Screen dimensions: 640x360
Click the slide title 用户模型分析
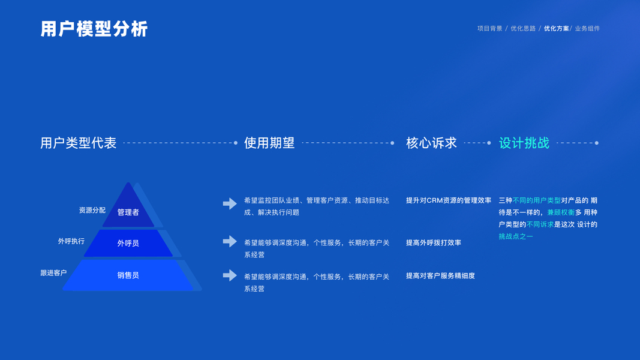[94, 29]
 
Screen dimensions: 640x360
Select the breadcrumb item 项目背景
[490, 29]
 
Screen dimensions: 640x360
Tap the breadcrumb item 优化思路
[523, 29]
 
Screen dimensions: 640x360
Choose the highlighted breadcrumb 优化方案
[557, 29]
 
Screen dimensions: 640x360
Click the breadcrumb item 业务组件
[587, 29]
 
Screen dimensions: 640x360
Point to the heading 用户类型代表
[79, 143]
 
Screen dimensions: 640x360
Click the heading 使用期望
[269, 143]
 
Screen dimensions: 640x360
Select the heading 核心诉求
[431, 143]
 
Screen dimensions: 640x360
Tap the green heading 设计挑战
[524, 143]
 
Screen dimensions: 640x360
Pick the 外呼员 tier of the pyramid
[128, 243]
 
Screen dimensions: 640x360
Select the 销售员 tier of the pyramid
[128, 275]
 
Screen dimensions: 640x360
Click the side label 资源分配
[92, 210]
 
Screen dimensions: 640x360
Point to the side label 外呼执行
[71, 241]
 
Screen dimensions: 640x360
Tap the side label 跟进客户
[53, 272]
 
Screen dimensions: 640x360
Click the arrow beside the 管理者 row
[230, 203]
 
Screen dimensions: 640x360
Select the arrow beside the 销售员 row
[230, 275]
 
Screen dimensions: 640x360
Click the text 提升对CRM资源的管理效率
[449, 200]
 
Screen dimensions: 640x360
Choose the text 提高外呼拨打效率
[434, 242]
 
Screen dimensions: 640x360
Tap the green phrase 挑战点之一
[516, 236]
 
